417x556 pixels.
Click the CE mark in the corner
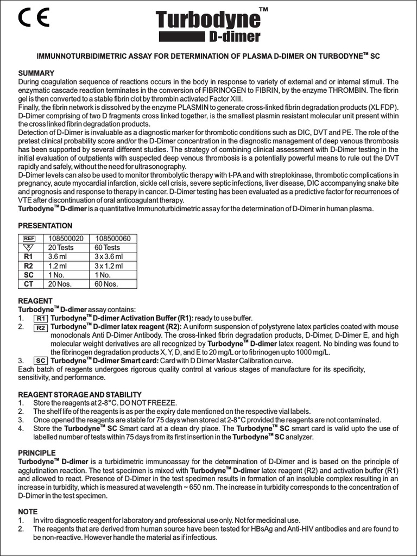(x=33, y=18)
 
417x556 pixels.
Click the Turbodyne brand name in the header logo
(x=208, y=21)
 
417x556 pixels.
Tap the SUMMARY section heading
(x=36, y=73)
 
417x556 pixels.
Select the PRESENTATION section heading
(x=45, y=226)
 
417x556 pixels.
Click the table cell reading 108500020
(x=66, y=238)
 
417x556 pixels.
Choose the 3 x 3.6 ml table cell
(x=109, y=257)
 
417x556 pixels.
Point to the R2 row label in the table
(x=29, y=266)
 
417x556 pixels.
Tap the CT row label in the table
(x=29, y=284)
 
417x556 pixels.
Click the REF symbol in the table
(x=29, y=238)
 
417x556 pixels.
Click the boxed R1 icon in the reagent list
(x=41, y=318)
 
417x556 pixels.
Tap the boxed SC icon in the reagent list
(x=40, y=361)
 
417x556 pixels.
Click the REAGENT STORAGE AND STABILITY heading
(x=80, y=394)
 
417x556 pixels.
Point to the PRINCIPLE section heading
(x=37, y=453)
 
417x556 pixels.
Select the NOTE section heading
(x=28, y=511)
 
